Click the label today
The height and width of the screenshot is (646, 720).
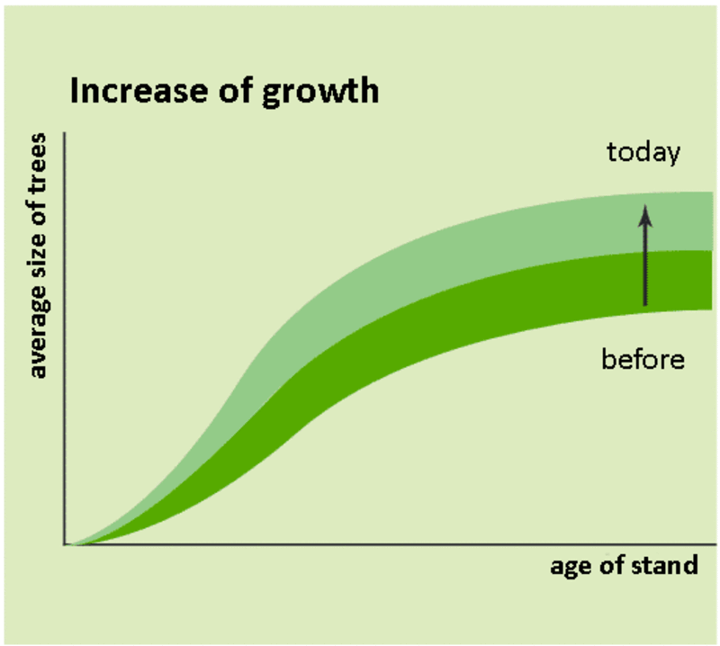(643, 153)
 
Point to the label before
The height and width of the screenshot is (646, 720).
(643, 360)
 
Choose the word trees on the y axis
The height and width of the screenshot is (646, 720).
(38, 167)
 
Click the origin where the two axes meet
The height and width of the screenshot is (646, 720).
(65, 544)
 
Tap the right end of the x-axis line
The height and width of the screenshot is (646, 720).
(716, 544)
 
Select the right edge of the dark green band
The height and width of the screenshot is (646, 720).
(712, 280)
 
